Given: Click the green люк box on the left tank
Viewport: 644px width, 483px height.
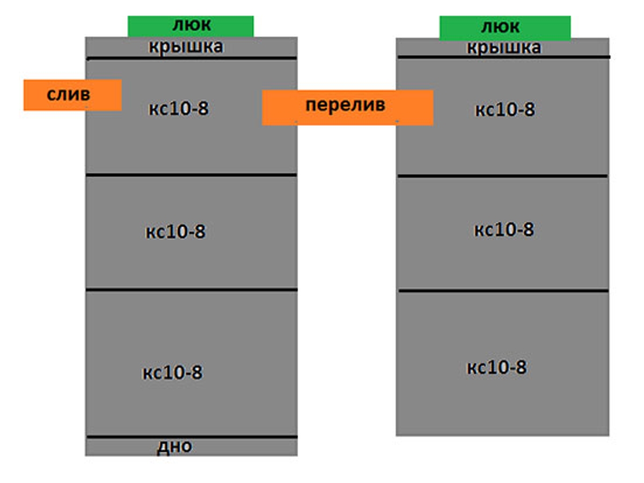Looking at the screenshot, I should point(191,26).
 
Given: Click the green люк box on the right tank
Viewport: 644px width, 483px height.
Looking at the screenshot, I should point(504,28).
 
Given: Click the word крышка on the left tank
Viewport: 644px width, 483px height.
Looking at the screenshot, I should point(186,47).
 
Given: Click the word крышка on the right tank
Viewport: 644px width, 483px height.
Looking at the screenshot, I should point(503,48).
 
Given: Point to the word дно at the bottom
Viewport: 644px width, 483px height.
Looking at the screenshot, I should point(174,446).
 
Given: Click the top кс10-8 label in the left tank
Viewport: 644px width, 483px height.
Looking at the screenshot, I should point(178,109).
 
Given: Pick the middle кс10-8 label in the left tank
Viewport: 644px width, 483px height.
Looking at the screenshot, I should point(175,232).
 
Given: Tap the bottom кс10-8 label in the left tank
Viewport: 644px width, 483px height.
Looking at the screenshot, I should point(172,372).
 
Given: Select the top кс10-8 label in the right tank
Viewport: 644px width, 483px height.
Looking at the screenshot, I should point(504,110).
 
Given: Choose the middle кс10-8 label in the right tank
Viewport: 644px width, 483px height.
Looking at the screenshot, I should point(503,230).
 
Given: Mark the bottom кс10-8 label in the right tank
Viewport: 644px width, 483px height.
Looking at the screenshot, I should point(496,368).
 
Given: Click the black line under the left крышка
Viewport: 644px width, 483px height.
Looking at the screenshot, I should point(191,58).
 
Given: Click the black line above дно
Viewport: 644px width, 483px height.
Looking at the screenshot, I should point(191,437).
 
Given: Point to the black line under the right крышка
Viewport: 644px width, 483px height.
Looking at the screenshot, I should point(503,57).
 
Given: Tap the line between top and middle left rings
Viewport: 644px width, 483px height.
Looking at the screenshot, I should point(191,175).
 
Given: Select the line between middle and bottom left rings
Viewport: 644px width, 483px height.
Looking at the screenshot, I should point(191,290).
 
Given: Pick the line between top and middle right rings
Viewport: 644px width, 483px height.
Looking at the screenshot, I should point(502,175).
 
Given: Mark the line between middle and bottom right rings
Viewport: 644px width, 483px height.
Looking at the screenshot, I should point(503,291).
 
